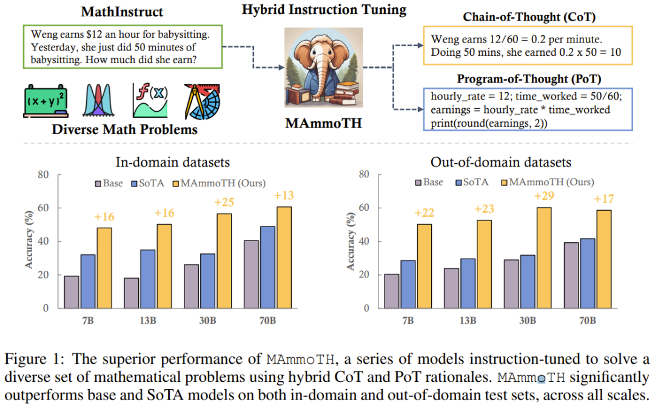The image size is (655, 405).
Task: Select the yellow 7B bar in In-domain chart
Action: pos(104,268)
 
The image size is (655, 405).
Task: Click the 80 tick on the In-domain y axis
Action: pos(43,175)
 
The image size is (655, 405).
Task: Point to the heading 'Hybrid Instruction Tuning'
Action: pos(324,10)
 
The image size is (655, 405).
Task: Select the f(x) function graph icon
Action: pos(151,100)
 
